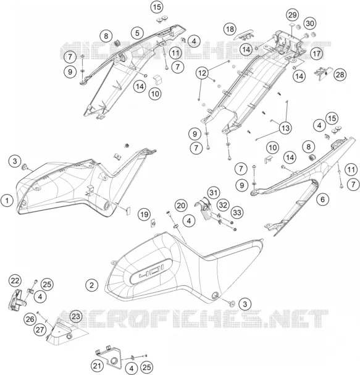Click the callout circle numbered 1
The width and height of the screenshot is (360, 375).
tap(7, 200)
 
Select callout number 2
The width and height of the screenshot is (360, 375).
tap(91, 285)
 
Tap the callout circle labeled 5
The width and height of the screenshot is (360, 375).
tap(137, 33)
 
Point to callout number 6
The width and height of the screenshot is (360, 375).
tap(323, 199)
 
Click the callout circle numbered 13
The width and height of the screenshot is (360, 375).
tap(285, 128)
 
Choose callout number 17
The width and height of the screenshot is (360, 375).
tap(317, 53)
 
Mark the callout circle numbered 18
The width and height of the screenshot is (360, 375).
tap(230, 29)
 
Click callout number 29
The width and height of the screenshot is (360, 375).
tap(293, 15)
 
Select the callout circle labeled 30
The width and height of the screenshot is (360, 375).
tap(310, 23)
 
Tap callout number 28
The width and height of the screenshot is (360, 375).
tap(340, 75)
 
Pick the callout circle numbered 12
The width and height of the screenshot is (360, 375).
tap(202, 73)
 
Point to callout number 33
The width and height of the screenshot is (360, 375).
tap(237, 212)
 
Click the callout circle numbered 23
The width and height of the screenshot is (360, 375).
tap(76, 316)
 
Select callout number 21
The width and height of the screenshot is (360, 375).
tap(97, 366)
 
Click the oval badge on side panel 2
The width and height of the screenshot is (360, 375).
tap(151, 271)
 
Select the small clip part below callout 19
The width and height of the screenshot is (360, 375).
tap(153, 224)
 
